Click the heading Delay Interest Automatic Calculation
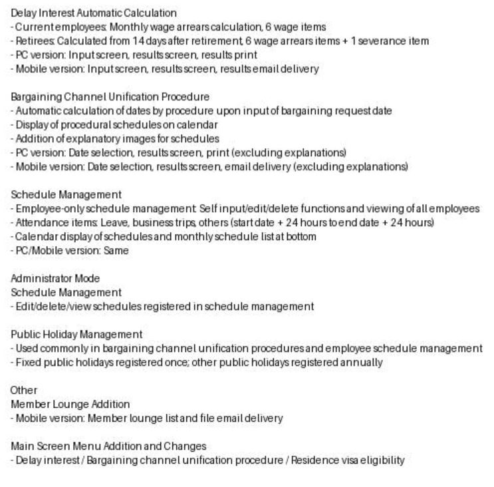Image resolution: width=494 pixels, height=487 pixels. (94, 13)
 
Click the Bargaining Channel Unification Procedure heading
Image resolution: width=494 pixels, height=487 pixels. (110, 96)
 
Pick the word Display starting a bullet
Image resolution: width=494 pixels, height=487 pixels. (30, 124)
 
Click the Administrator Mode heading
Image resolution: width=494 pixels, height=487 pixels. (55, 278)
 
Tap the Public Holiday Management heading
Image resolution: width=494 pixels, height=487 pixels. (76, 334)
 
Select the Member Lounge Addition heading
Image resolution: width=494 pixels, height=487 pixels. (70, 404)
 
